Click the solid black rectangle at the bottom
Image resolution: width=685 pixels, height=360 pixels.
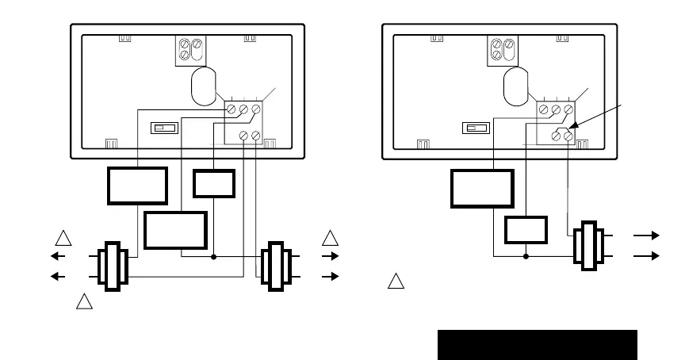point(538,345)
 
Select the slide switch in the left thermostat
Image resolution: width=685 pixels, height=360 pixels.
point(166,128)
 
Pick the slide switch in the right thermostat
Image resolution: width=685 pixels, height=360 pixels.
point(476,128)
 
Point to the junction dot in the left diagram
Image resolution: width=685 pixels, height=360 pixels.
point(214,256)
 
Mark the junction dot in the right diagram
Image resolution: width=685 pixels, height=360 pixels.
point(526,256)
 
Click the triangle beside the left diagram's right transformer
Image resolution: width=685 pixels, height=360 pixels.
point(331,237)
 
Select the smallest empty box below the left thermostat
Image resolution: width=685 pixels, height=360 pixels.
point(214,184)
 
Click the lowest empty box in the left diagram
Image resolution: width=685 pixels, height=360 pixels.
point(175,230)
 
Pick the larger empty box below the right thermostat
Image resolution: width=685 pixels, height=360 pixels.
point(481,187)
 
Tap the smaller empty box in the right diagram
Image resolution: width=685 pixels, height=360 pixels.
point(526,229)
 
